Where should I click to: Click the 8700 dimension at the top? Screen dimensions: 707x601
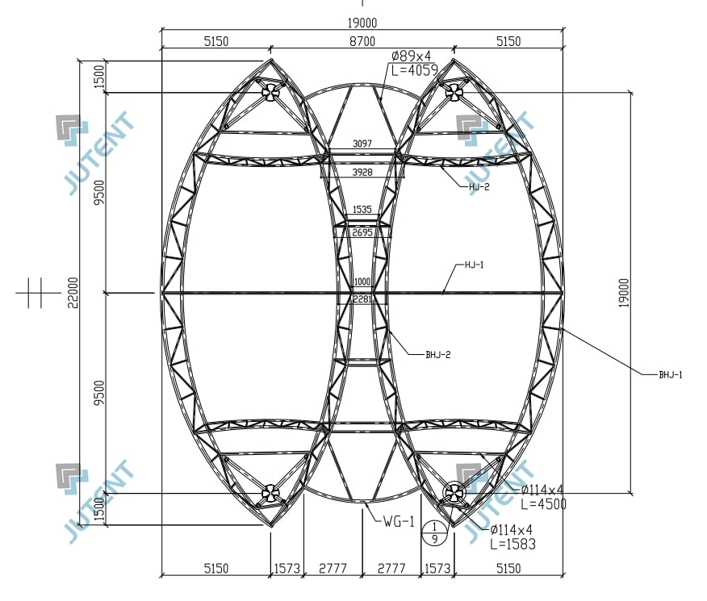362,41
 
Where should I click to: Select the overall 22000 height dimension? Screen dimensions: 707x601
73,292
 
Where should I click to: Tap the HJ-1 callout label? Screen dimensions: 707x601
474,265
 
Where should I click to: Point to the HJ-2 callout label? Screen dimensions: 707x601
479,187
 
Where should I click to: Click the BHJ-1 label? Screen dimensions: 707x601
671,375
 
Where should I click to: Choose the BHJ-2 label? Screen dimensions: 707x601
437,355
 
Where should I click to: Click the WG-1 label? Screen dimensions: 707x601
399,522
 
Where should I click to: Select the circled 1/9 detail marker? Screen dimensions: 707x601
435,532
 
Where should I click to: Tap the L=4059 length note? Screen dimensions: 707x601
414,70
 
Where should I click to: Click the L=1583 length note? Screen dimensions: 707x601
512,545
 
